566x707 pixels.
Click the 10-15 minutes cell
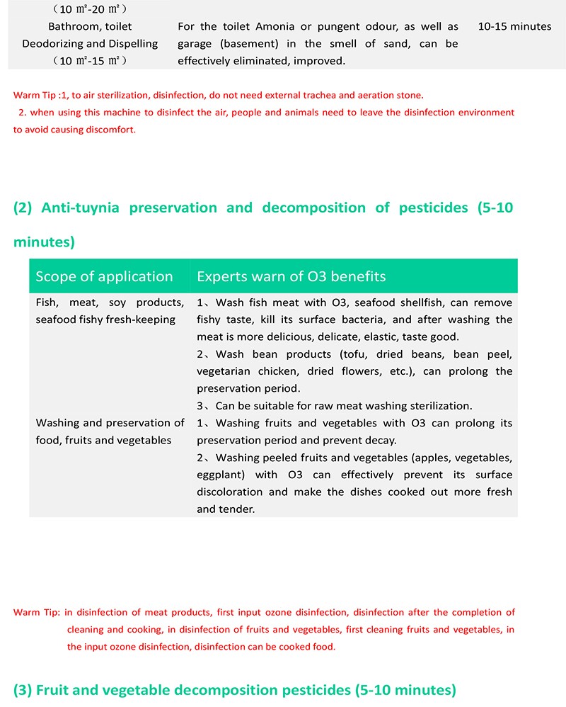click(x=514, y=26)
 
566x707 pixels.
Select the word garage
click(x=196, y=44)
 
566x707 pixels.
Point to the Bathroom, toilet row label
click(x=90, y=26)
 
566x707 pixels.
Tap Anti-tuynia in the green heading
click(x=80, y=208)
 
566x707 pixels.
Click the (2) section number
click(x=23, y=208)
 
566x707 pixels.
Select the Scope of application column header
click(x=104, y=276)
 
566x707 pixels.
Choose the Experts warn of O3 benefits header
click(x=291, y=276)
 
